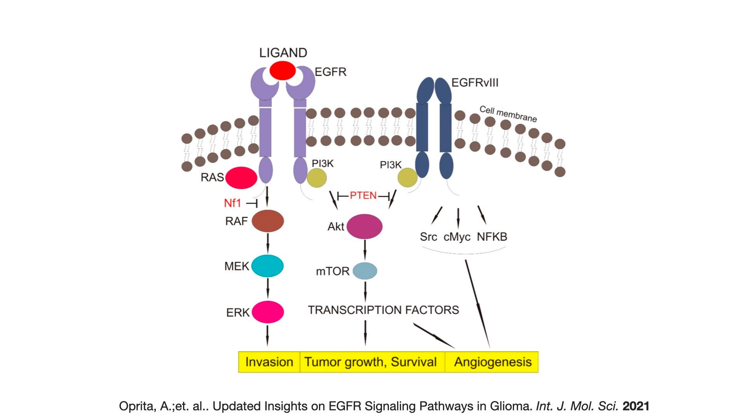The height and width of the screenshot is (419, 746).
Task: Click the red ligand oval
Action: click(x=282, y=71)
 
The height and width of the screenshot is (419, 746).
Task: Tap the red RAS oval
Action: click(x=241, y=178)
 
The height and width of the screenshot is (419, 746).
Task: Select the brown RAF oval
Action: click(x=268, y=221)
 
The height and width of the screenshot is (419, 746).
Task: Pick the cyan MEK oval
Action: click(x=267, y=266)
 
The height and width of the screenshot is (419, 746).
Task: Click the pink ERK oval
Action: click(x=268, y=312)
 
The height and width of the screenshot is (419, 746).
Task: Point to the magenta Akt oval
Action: click(x=364, y=226)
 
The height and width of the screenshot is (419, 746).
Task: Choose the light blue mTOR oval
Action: click(x=364, y=271)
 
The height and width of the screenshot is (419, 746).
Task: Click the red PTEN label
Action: click(x=363, y=196)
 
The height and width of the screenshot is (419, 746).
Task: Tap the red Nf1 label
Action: click(x=232, y=203)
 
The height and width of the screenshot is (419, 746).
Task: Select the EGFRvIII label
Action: click(x=475, y=83)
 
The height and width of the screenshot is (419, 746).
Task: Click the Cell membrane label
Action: click(x=508, y=114)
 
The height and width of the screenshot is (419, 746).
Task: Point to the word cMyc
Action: click(x=457, y=237)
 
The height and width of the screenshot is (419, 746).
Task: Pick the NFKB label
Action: click(x=492, y=237)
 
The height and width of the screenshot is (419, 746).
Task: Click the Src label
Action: click(x=429, y=237)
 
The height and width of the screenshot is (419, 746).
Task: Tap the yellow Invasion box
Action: click(x=269, y=362)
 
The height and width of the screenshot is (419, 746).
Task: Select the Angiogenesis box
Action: click(x=493, y=362)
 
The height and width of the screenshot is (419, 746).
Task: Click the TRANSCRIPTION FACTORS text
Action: click(x=383, y=310)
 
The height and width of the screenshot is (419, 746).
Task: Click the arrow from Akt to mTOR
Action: click(x=364, y=249)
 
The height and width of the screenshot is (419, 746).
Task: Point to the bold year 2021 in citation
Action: click(x=636, y=406)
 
